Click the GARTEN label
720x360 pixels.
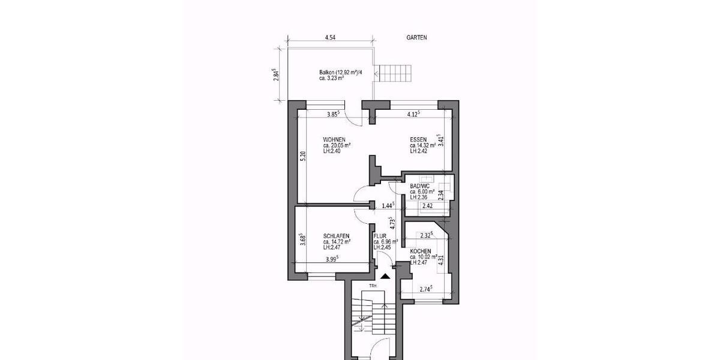click(x=415, y=37)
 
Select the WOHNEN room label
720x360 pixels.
click(x=334, y=139)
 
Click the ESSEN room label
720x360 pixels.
click(x=418, y=139)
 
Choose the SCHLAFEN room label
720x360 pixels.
click(x=336, y=236)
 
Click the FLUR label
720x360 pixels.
click(x=380, y=236)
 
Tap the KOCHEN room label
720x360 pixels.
click(x=421, y=251)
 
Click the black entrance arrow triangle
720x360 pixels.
click(x=385, y=277)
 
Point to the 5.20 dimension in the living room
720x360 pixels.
click(x=304, y=157)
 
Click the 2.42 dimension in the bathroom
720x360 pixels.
click(x=428, y=206)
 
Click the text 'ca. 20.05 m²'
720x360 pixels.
click(x=337, y=145)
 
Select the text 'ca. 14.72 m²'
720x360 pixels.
click(x=337, y=242)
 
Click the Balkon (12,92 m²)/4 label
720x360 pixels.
click(x=341, y=73)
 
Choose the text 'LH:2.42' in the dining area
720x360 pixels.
click(x=420, y=151)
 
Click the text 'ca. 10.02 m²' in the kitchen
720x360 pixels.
click(x=424, y=257)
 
